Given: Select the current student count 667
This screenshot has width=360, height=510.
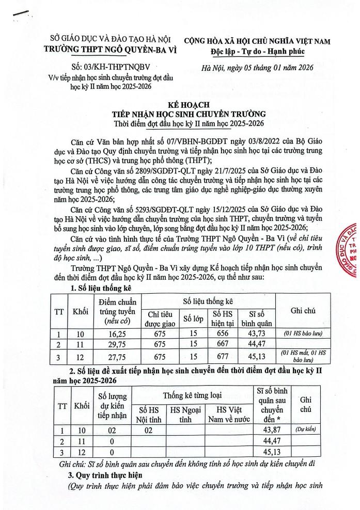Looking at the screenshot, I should tap(223, 344).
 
